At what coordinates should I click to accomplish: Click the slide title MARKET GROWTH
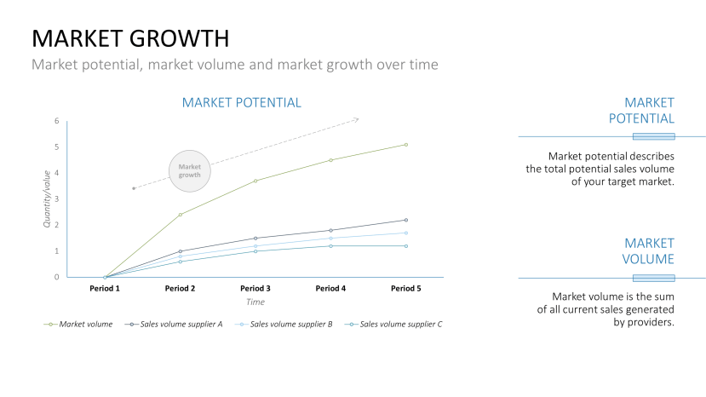pyautogui.click(x=130, y=38)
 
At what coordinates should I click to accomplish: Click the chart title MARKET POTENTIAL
pyautogui.click(x=241, y=102)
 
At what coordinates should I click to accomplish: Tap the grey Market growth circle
pyautogui.click(x=189, y=170)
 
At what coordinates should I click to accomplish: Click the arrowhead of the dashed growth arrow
pyautogui.click(x=356, y=119)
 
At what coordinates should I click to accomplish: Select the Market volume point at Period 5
pyautogui.click(x=406, y=145)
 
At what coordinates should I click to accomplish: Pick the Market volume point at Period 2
pyautogui.click(x=181, y=215)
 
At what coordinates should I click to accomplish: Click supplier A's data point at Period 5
pyautogui.click(x=406, y=220)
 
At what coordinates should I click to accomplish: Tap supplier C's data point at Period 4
pyautogui.click(x=330, y=246)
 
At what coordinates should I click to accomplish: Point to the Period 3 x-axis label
pyautogui.click(x=255, y=288)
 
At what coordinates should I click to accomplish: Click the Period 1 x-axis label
pyautogui.click(x=105, y=288)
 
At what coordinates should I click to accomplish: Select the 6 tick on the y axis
pyautogui.click(x=56, y=121)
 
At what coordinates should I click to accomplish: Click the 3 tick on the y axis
pyautogui.click(x=56, y=199)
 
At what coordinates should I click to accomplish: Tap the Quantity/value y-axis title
pyautogui.click(x=47, y=198)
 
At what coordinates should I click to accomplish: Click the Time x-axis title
pyautogui.click(x=255, y=302)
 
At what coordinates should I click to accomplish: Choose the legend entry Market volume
pyautogui.click(x=85, y=325)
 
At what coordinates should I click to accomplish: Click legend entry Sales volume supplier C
pyautogui.click(x=400, y=325)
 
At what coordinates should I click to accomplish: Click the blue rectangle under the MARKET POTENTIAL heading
pyautogui.click(x=653, y=136)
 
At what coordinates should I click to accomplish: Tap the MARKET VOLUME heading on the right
pyautogui.click(x=649, y=250)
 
